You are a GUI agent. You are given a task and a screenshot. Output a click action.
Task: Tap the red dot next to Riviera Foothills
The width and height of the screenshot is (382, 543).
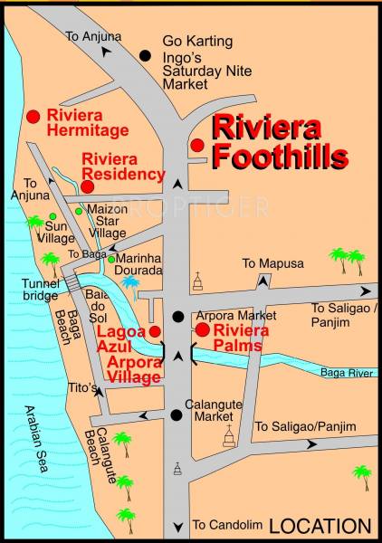196,145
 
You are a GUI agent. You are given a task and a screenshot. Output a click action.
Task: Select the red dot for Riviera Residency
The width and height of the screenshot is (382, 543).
87,186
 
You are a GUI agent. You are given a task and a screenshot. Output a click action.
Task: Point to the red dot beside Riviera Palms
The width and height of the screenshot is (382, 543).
202,330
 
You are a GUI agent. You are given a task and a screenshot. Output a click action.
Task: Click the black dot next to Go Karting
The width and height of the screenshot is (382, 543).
145,55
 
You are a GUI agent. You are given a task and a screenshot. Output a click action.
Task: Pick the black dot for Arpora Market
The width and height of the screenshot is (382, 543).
178,316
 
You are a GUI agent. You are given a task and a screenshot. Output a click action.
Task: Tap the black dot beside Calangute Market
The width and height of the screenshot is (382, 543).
175,415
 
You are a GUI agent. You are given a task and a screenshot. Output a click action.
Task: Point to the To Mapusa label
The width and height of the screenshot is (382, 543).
271,263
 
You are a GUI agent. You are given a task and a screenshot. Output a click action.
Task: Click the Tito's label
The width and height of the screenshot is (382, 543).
81,388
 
